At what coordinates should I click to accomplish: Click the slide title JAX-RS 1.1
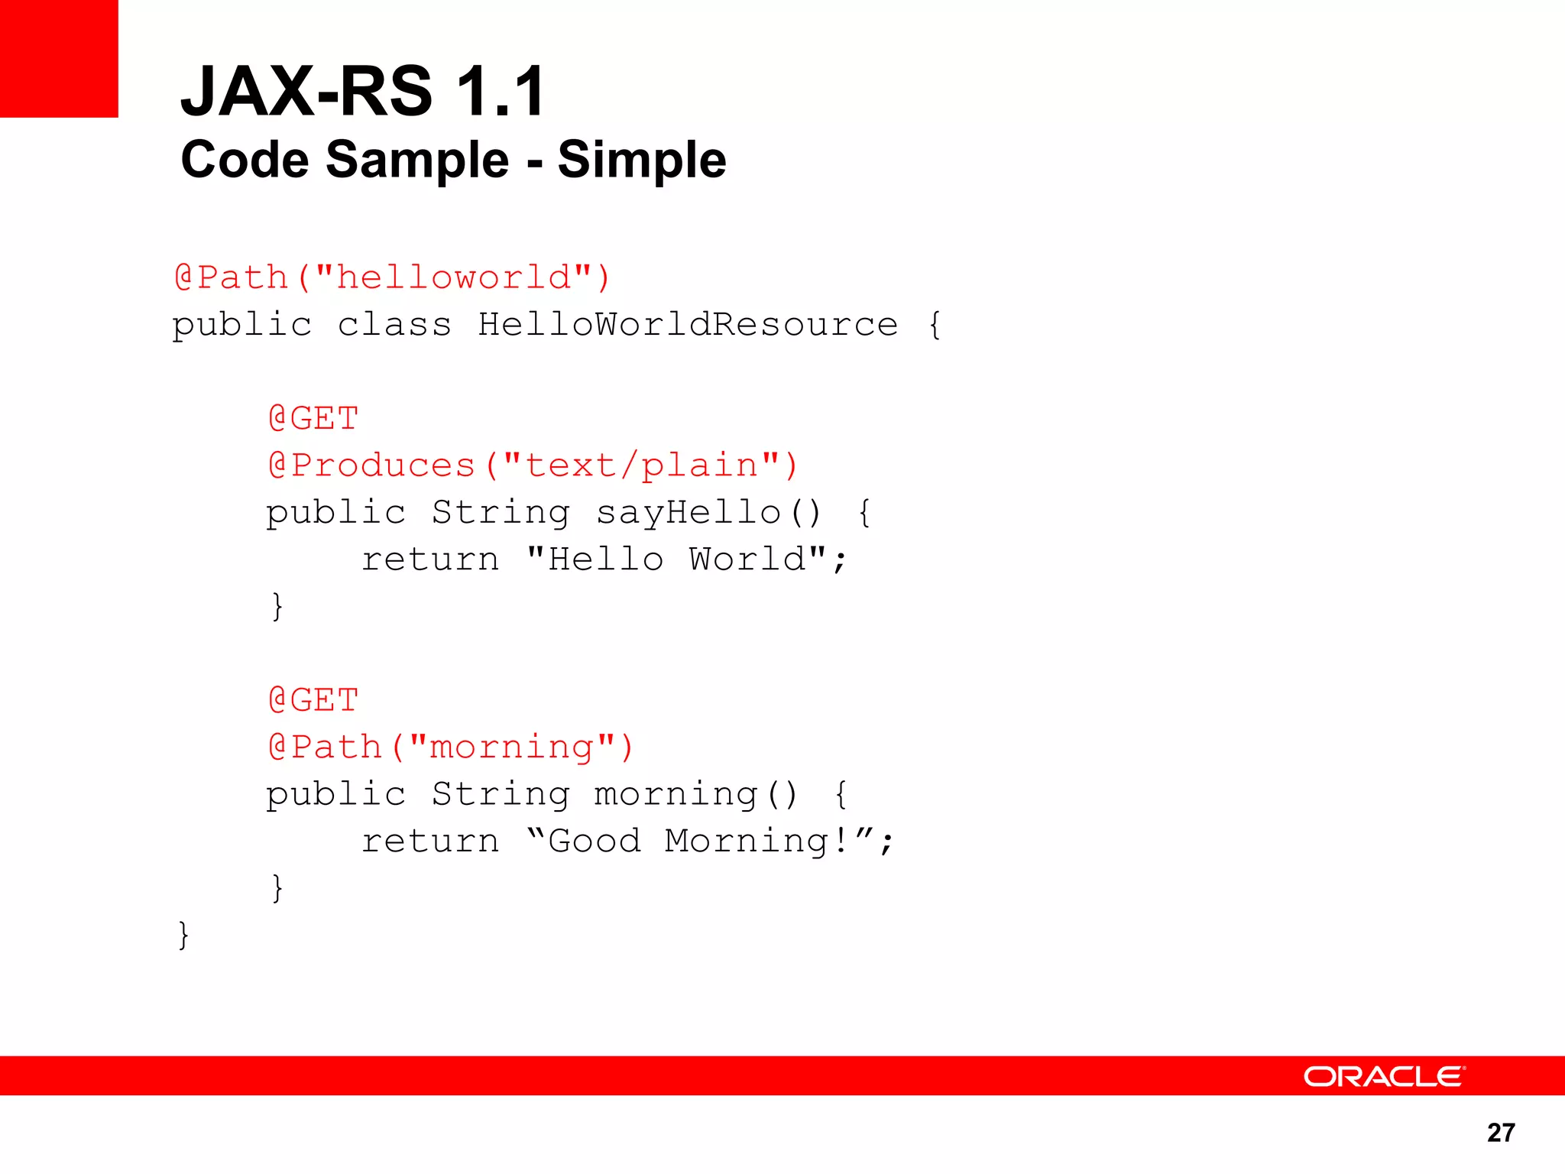click(x=363, y=92)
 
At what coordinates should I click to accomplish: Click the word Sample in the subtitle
click(x=417, y=160)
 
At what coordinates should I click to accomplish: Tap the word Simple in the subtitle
click(x=642, y=160)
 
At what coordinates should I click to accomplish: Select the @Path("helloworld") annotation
click(x=392, y=277)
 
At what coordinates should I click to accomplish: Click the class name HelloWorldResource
click(x=688, y=325)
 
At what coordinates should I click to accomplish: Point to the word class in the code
click(x=394, y=325)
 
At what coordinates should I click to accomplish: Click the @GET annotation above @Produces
click(x=313, y=419)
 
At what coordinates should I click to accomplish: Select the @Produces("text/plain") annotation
click(x=533, y=465)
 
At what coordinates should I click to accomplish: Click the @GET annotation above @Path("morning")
click(x=313, y=700)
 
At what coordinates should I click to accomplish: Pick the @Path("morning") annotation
click(x=451, y=748)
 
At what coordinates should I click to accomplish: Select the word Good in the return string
click(x=594, y=842)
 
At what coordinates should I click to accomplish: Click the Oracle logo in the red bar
click(x=1384, y=1076)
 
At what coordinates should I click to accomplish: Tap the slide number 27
click(x=1501, y=1133)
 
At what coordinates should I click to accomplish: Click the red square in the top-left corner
click(x=59, y=59)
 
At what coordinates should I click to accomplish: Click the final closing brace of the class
click(x=183, y=936)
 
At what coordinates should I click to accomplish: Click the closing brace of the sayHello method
click(x=277, y=607)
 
